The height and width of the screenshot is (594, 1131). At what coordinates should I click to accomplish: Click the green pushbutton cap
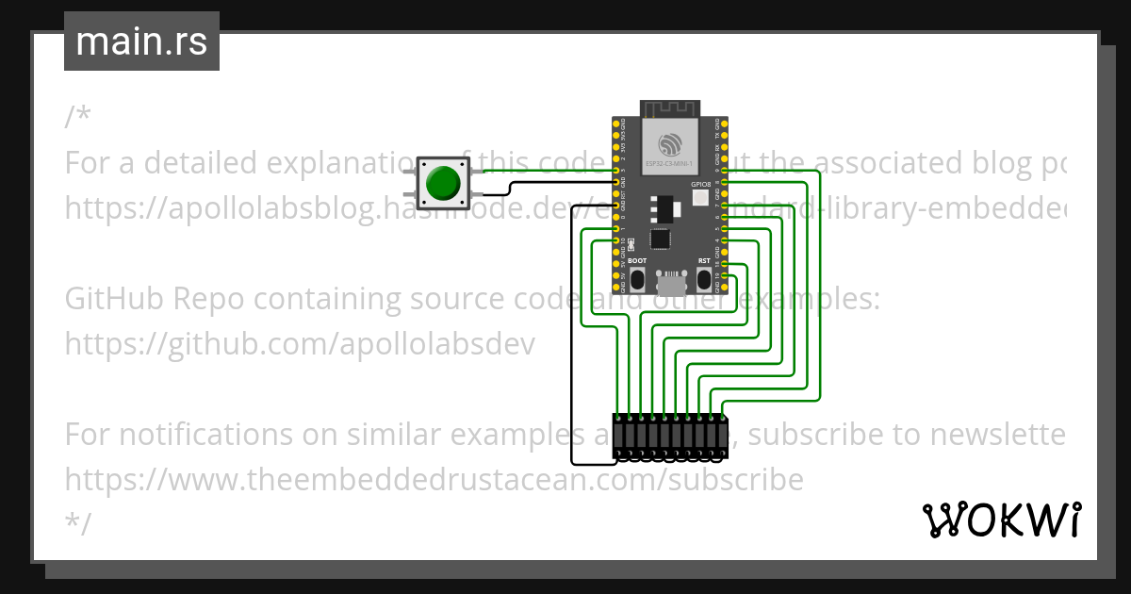tap(441, 184)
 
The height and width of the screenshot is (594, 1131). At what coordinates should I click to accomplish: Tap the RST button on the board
tap(704, 278)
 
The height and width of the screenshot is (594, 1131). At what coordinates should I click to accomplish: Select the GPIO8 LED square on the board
tap(699, 198)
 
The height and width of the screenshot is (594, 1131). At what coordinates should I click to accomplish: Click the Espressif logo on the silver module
tap(670, 144)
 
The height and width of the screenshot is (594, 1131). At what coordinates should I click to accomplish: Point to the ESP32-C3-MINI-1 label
tap(670, 164)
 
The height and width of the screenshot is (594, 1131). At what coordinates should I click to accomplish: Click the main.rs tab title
tap(141, 41)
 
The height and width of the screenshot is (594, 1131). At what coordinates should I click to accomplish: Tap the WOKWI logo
tap(1001, 520)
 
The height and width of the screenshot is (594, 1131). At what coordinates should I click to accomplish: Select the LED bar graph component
tap(669, 437)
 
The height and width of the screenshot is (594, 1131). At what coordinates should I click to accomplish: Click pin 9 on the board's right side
tap(724, 171)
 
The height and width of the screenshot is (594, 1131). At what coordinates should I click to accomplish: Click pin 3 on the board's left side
tap(616, 171)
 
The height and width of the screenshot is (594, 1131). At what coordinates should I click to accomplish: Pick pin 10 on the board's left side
tap(616, 241)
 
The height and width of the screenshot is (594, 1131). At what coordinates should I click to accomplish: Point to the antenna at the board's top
tap(669, 108)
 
